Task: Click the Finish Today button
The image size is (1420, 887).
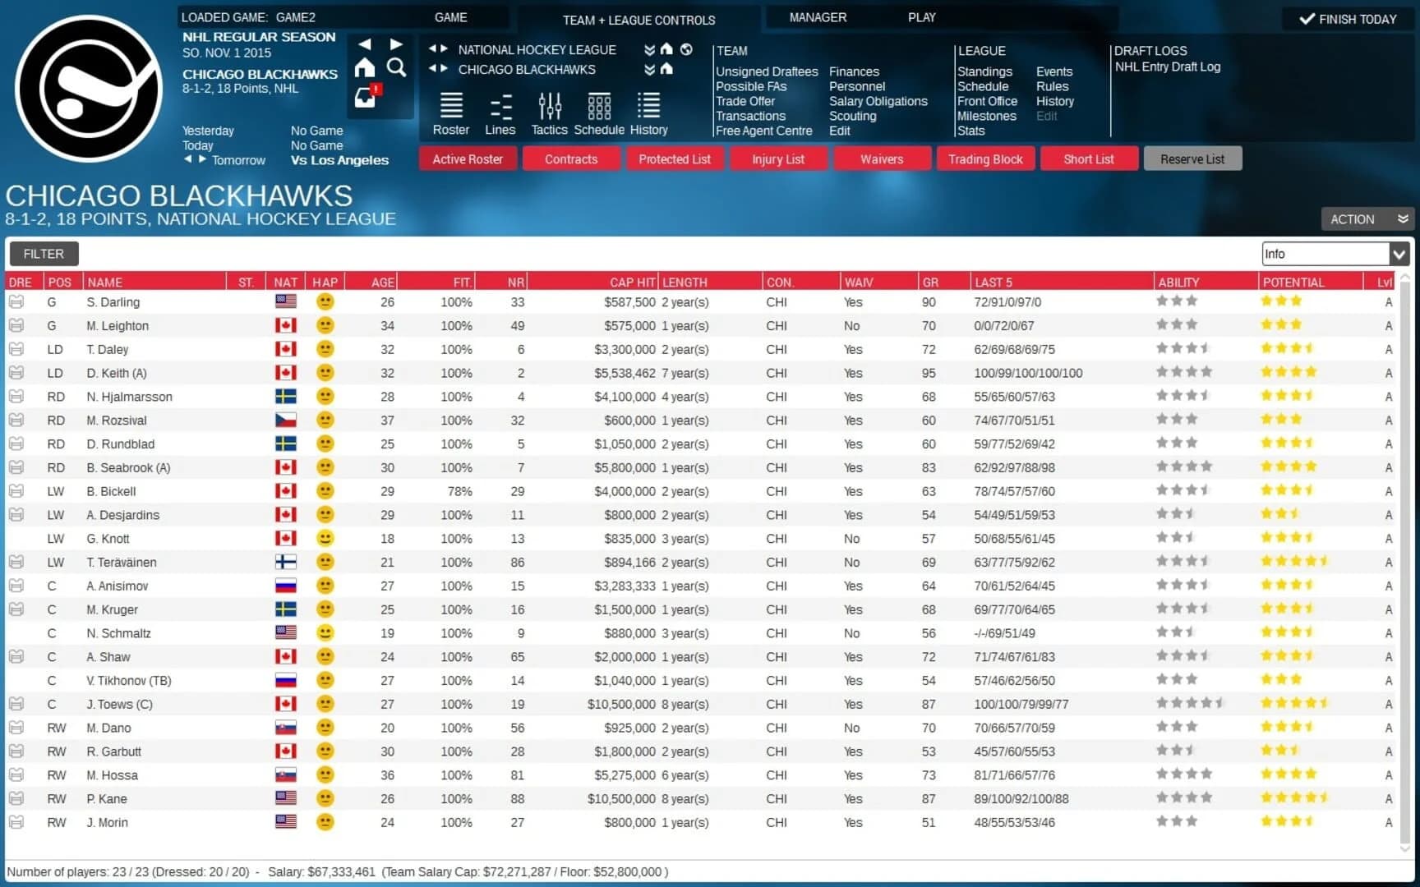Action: (x=1348, y=19)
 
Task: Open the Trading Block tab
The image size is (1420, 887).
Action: (x=985, y=159)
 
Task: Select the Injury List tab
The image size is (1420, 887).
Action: (x=777, y=159)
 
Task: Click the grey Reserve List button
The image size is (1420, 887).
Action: (x=1192, y=159)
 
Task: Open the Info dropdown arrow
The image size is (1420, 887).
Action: (x=1399, y=254)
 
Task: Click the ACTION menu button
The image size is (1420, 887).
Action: (x=1367, y=219)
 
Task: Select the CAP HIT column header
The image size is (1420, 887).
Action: (x=632, y=282)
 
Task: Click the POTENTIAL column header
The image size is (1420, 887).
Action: (x=1293, y=282)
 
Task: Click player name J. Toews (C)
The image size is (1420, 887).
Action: (x=120, y=704)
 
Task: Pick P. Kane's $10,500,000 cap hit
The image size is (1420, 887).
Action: (x=621, y=798)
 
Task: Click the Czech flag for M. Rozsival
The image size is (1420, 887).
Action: (x=286, y=420)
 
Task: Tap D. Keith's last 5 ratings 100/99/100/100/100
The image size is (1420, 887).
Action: (x=1028, y=373)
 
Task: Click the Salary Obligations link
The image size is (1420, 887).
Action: (x=878, y=101)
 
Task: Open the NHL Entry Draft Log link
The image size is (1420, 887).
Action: (x=1167, y=67)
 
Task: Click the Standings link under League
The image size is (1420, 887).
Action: (x=984, y=71)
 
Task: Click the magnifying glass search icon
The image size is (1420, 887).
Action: (x=396, y=68)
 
